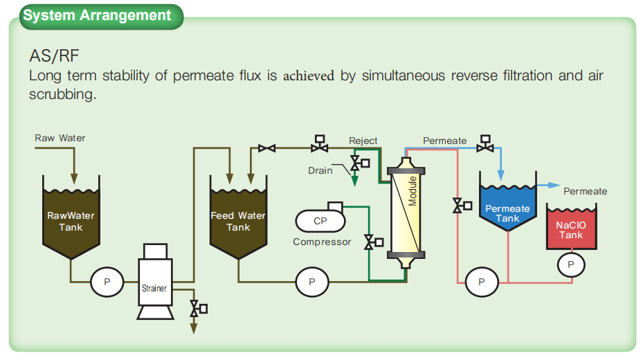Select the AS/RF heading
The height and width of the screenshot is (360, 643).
tap(54, 56)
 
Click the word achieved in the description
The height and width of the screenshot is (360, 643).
tap(309, 76)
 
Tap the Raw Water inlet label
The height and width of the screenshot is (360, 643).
tap(60, 138)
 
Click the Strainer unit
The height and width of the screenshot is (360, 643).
tap(155, 282)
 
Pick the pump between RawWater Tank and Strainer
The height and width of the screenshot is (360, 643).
tap(107, 282)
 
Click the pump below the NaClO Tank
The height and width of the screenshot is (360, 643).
tap(571, 264)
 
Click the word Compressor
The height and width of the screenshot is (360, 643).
tap(322, 242)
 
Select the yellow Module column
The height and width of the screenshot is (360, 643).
tap(406, 213)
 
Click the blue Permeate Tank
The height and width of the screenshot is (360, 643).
tap(507, 204)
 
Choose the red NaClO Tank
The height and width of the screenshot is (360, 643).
tap(571, 227)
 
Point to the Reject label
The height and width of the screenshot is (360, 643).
tap(363, 141)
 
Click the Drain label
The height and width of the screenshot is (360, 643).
tap(320, 170)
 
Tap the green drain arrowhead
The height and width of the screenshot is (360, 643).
tap(354, 181)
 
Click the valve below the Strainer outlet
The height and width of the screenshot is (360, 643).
tap(198, 308)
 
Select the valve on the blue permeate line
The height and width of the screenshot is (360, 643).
tap(485, 143)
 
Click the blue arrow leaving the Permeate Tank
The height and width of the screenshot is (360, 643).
tap(549, 186)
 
